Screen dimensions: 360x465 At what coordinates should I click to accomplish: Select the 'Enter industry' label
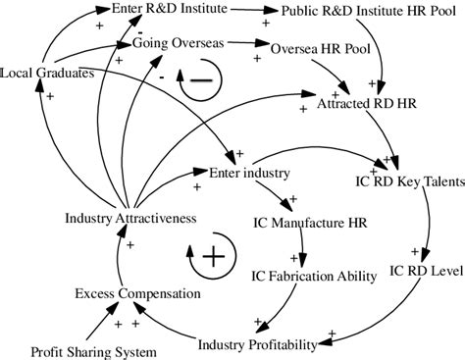(249, 174)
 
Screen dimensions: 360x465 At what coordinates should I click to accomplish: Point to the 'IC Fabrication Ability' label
(312, 276)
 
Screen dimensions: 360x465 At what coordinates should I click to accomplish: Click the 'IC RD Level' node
(426, 270)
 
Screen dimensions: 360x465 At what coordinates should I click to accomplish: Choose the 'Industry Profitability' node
(257, 343)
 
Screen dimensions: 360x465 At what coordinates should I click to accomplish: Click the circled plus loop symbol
(211, 257)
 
